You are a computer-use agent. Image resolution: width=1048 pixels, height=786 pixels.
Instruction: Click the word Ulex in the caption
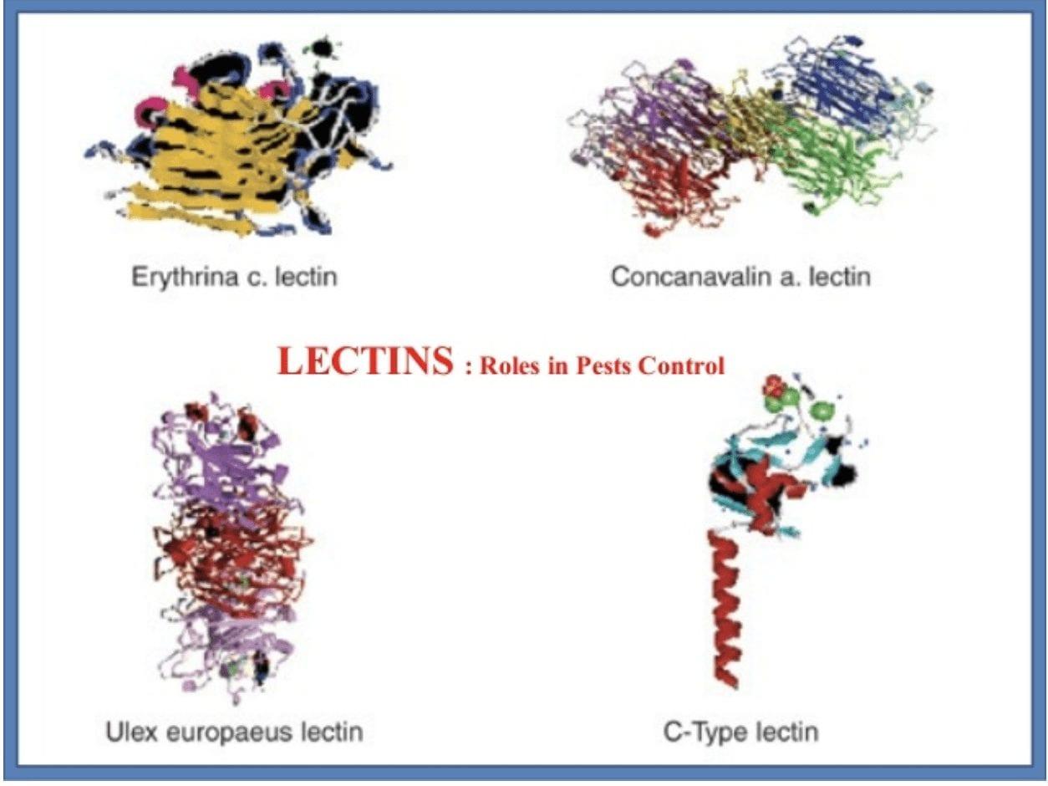(x=128, y=732)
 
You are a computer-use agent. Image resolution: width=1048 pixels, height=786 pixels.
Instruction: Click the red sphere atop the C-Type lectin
(x=776, y=386)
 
